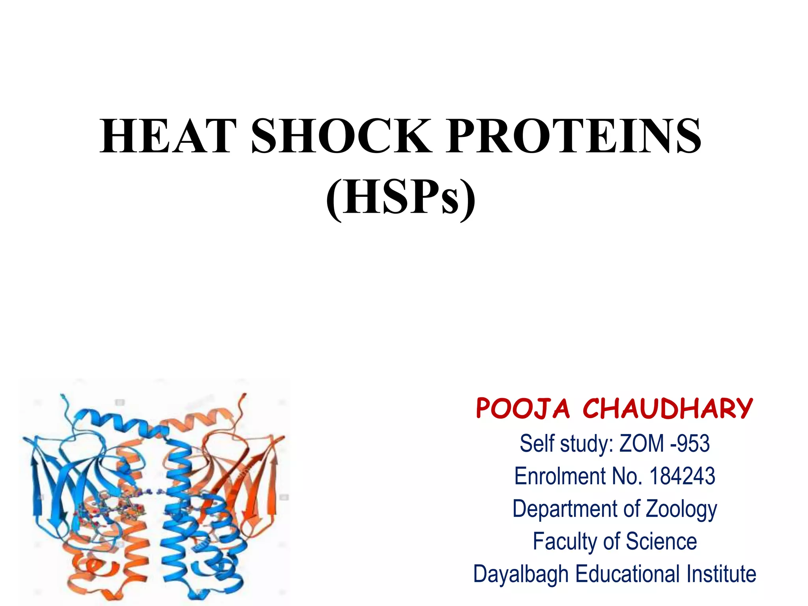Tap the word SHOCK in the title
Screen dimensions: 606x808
click(341, 136)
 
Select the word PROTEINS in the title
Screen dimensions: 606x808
click(574, 136)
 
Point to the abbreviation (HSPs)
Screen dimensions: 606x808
click(401, 197)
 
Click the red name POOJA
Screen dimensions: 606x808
click(523, 409)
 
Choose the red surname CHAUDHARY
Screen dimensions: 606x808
click(668, 409)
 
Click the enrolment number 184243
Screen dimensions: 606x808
click(682, 476)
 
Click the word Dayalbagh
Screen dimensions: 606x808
click(521, 574)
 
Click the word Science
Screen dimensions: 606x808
click(661, 541)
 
